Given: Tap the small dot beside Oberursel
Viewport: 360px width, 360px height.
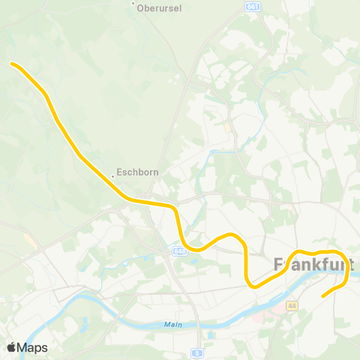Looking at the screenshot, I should (133, 4).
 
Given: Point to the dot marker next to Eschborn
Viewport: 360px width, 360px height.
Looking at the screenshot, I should (113, 176).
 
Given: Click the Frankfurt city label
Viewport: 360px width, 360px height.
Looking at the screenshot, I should (313, 265).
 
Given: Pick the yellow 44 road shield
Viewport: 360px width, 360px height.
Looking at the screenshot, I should (292, 306).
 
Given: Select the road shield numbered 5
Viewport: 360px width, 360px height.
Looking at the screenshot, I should (196, 352).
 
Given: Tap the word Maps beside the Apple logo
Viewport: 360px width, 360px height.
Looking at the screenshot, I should (32, 348).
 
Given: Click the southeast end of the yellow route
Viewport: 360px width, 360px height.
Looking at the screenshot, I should (323, 295).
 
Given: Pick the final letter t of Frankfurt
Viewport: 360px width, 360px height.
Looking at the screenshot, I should (349, 265).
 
